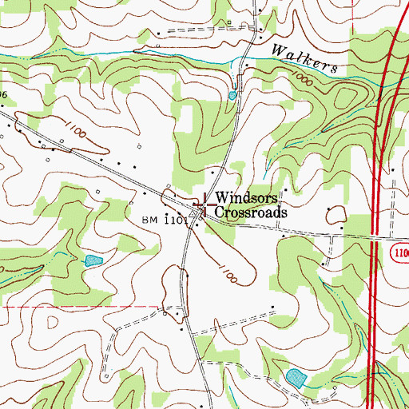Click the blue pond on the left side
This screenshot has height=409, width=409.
[x=93, y=260]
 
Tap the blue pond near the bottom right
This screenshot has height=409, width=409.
[x=296, y=375]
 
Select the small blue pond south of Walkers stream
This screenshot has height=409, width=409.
[x=232, y=95]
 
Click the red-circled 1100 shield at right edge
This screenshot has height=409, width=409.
[x=400, y=252]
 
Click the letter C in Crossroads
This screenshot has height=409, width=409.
[x=220, y=213]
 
